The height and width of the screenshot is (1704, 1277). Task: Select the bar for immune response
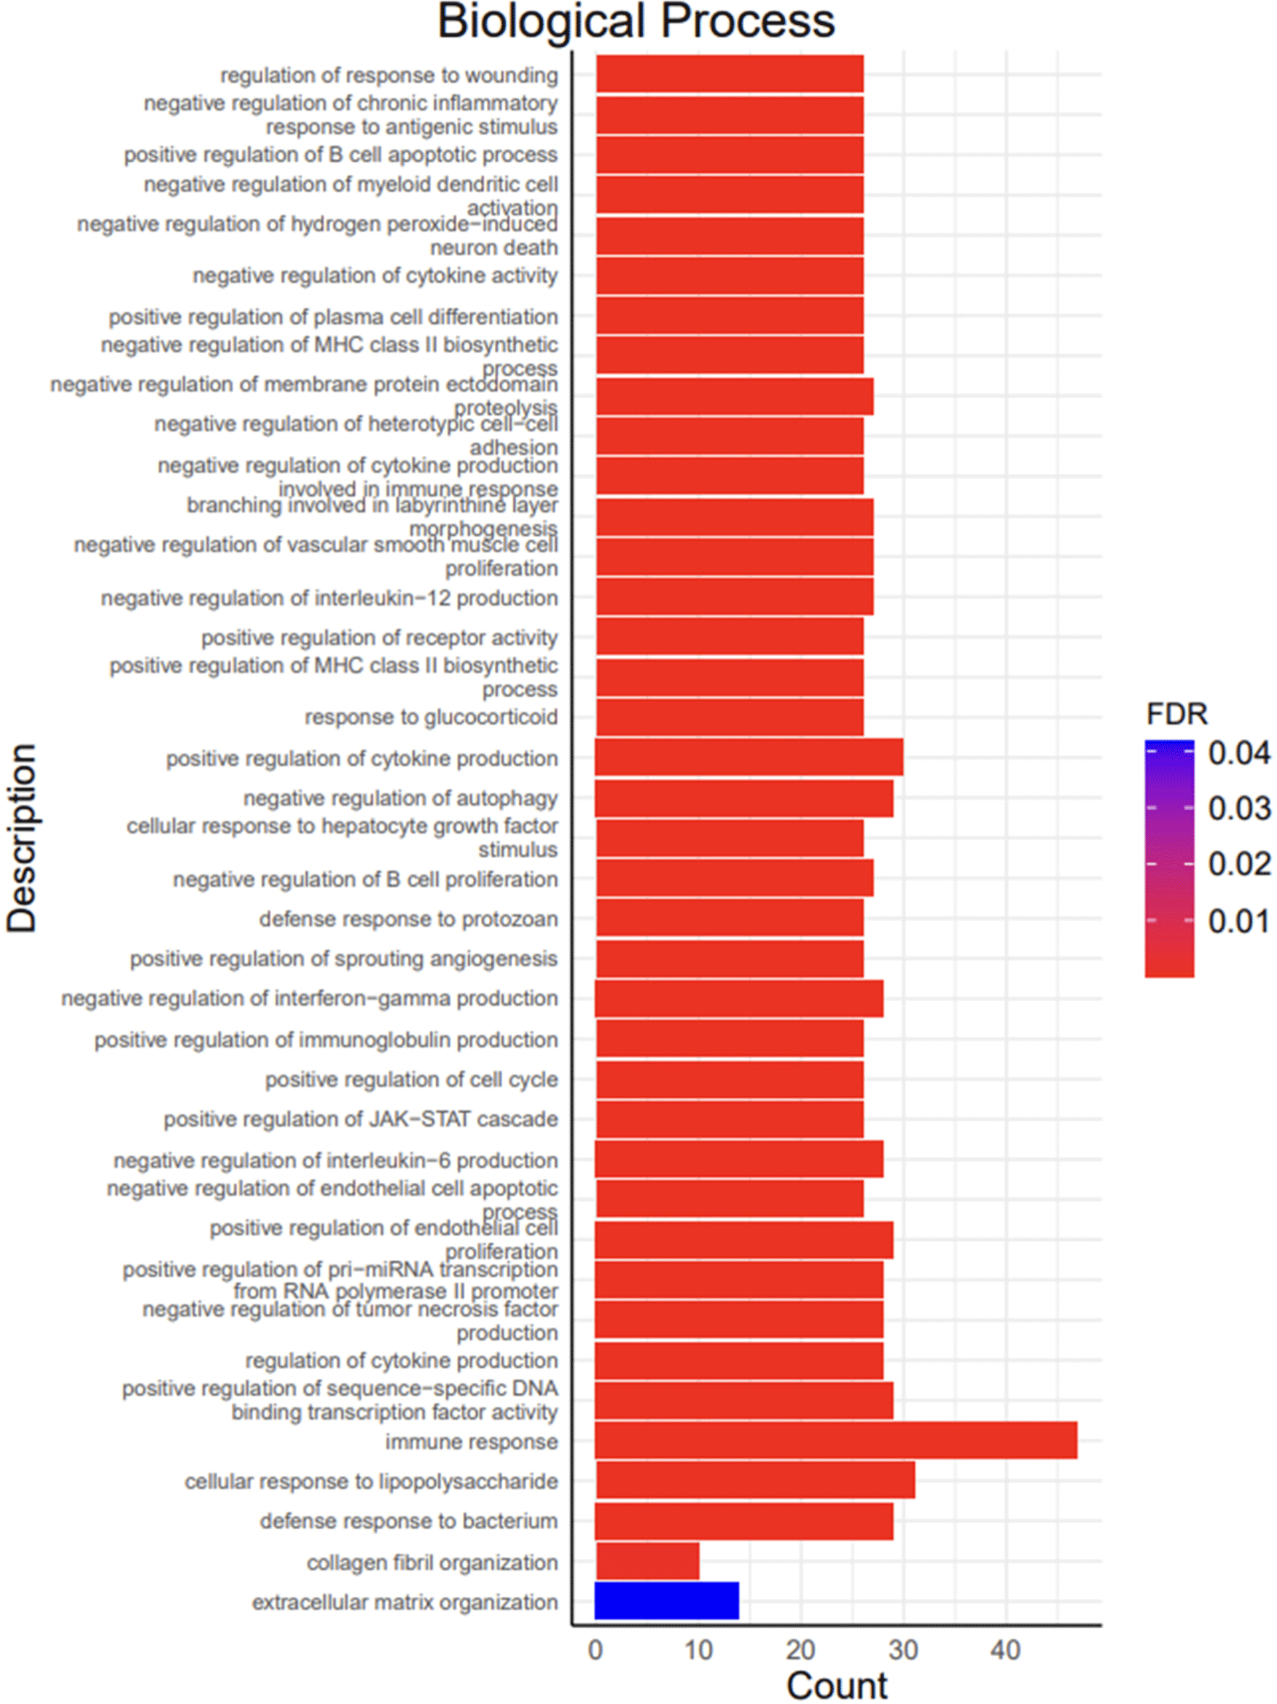pyautogui.click(x=836, y=1441)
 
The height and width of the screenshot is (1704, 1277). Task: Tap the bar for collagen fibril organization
pyautogui.click(x=647, y=1560)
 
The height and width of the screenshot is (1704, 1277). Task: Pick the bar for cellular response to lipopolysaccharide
pyautogui.click(x=755, y=1480)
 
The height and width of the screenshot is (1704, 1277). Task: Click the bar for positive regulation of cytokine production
pyautogui.click(x=749, y=758)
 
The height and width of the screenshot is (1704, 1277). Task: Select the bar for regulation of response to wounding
pyautogui.click(x=730, y=74)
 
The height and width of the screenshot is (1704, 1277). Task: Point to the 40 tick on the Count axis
pyautogui.click(x=1005, y=1650)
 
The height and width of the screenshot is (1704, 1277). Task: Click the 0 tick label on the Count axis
pyautogui.click(x=595, y=1650)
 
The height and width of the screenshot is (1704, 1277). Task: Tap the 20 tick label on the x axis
pyautogui.click(x=800, y=1650)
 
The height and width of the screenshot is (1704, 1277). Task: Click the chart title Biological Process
pyautogui.click(x=636, y=22)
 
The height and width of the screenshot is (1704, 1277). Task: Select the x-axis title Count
pyautogui.click(x=837, y=1686)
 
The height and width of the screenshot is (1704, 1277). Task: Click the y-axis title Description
pyautogui.click(x=22, y=838)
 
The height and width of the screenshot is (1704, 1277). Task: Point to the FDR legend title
pyautogui.click(x=1176, y=714)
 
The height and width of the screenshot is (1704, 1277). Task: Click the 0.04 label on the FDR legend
pyautogui.click(x=1238, y=753)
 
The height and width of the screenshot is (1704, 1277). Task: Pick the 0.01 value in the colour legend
pyautogui.click(x=1238, y=922)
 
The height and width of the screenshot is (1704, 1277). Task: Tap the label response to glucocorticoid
pyautogui.click(x=431, y=717)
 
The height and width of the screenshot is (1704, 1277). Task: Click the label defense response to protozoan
pyautogui.click(x=408, y=919)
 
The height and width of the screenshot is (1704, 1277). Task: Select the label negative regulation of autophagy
pyautogui.click(x=400, y=798)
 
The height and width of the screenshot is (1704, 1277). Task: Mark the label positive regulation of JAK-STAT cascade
pyautogui.click(x=361, y=1119)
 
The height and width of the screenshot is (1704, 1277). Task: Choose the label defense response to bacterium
pyautogui.click(x=408, y=1521)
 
